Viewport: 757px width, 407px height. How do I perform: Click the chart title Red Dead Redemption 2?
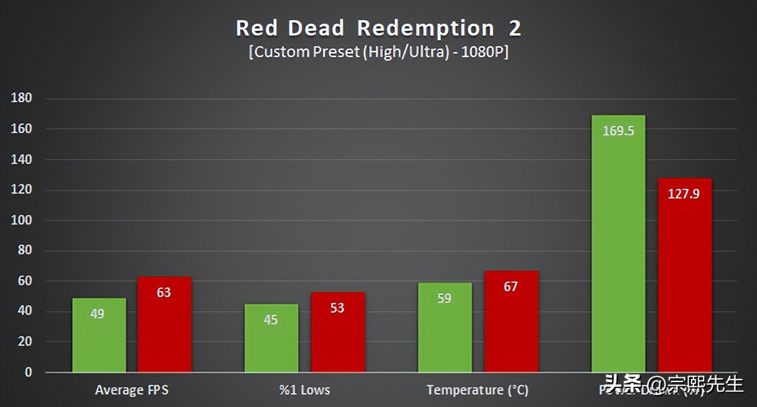(x=378, y=28)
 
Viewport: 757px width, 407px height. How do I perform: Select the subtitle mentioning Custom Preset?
(x=378, y=52)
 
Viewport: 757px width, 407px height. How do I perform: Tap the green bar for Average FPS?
(x=99, y=335)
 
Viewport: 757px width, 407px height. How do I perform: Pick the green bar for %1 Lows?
(x=271, y=339)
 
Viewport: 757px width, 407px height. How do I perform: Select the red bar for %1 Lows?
(x=338, y=332)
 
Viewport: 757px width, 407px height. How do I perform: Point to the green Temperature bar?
(x=444, y=328)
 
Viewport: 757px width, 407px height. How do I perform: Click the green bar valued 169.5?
(x=618, y=244)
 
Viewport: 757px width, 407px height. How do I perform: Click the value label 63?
(x=163, y=292)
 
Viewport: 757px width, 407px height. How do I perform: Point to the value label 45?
(x=271, y=320)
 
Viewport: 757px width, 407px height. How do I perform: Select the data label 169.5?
(x=618, y=131)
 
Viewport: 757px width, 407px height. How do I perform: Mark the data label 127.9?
(x=684, y=194)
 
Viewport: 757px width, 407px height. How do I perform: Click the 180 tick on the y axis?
(x=21, y=99)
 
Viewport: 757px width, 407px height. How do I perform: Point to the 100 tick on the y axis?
(x=21, y=220)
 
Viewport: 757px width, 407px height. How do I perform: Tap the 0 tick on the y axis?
(x=28, y=373)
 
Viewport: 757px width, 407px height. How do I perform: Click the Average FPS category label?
(x=131, y=390)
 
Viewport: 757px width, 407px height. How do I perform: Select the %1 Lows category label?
(x=304, y=390)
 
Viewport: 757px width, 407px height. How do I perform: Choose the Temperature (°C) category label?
(x=477, y=390)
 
